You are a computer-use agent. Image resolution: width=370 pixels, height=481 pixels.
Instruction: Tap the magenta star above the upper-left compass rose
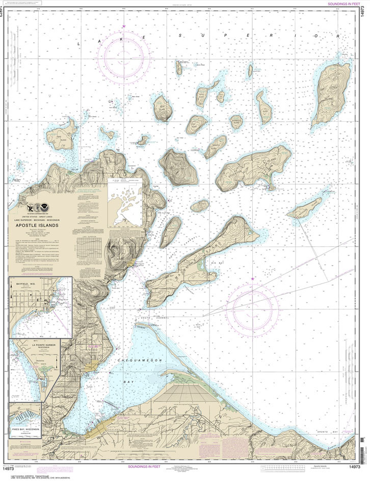point(124,26)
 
